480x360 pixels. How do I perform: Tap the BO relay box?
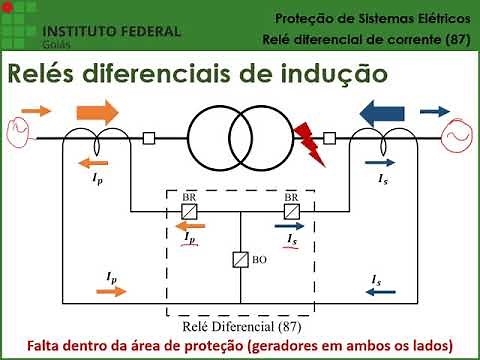click(x=240, y=260)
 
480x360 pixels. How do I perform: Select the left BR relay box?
click(x=188, y=211)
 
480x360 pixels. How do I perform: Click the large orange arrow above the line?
click(x=96, y=110)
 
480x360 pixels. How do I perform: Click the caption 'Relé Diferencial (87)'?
click(x=240, y=325)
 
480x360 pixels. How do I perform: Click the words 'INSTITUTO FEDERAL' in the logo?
click(x=114, y=30)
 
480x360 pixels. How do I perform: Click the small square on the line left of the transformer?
click(x=150, y=139)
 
